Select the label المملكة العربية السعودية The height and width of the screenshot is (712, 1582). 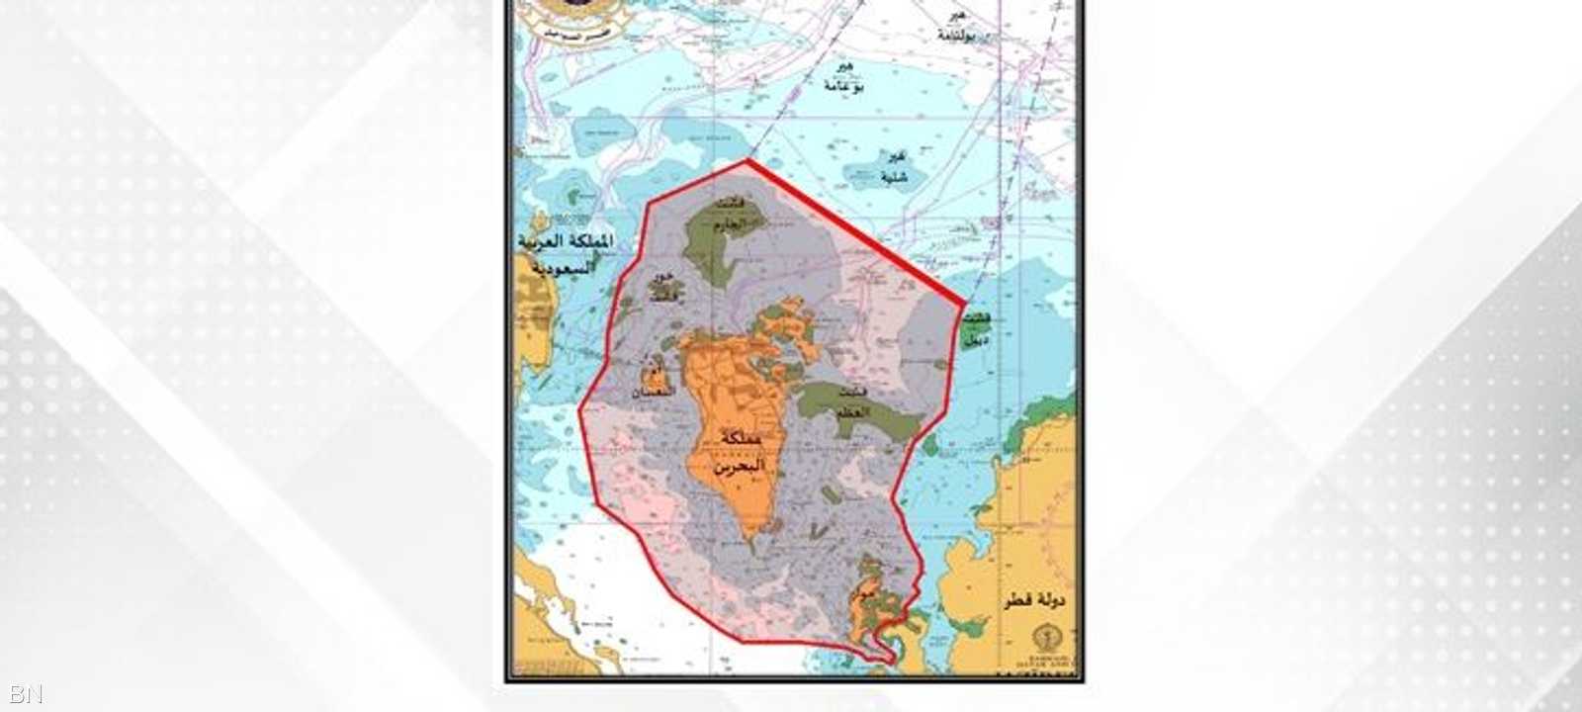tap(565, 254)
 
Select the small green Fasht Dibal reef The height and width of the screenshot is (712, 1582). tap(979, 330)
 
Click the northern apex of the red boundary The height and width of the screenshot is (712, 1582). tap(747, 159)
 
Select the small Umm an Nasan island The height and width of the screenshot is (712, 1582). tap(655, 382)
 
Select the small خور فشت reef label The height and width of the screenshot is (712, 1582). tap(662, 284)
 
